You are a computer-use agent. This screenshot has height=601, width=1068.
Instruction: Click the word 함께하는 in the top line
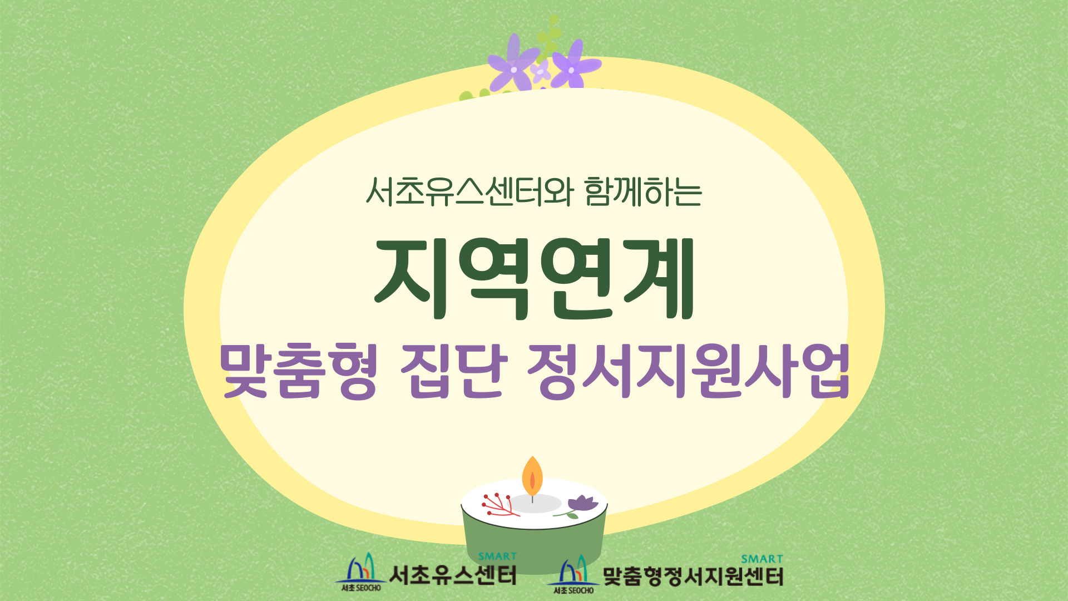click(x=643, y=192)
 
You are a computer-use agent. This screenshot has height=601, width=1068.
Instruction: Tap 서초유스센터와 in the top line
click(x=469, y=192)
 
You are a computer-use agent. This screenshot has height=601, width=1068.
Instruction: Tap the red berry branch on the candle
click(x=500, y=504)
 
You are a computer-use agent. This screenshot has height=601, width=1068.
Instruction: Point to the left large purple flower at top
click(x=513, y=64)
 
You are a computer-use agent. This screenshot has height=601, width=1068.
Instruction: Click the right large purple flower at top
click(x=574, y=66)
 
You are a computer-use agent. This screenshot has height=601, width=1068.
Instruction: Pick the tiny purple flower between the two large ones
click(x=540, y=71)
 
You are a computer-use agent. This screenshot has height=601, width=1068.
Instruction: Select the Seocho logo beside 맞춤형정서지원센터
click(x=573, y=574)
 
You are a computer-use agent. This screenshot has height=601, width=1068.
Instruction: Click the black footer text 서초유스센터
click(x=453, y=575)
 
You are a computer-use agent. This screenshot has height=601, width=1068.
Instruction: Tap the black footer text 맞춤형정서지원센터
click(x=693, y=577)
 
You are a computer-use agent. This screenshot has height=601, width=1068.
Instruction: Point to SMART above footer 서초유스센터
click(x=497, y=556)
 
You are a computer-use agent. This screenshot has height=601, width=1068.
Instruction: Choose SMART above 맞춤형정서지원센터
click(x=762, y=559)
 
